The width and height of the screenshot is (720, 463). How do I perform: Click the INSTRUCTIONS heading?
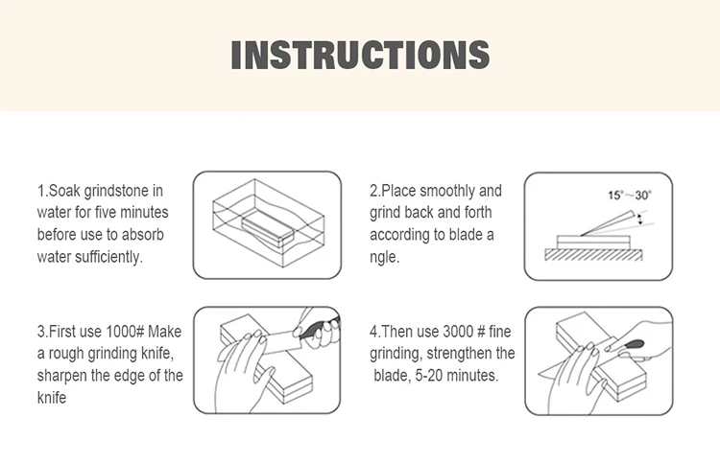click(x=360, y=55)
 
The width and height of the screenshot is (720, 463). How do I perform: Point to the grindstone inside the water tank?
click(x=267, y=227)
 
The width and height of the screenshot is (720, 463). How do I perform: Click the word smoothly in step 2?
click(x=447, y=191)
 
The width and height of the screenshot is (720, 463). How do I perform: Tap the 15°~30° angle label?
click(x=630, y=196)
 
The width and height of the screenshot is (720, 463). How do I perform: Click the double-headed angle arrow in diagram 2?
click(x=636, y=219)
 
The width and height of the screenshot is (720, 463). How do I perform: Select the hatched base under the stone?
click(x=593, y=254)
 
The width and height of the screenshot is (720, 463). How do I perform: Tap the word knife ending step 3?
click(x=52, y=398)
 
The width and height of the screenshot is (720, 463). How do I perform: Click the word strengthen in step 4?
click(x=463, y=354)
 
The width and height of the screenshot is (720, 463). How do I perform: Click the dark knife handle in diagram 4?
click(x=633, y=344)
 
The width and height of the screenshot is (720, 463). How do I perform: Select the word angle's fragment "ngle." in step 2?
click(x=385, y=257)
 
